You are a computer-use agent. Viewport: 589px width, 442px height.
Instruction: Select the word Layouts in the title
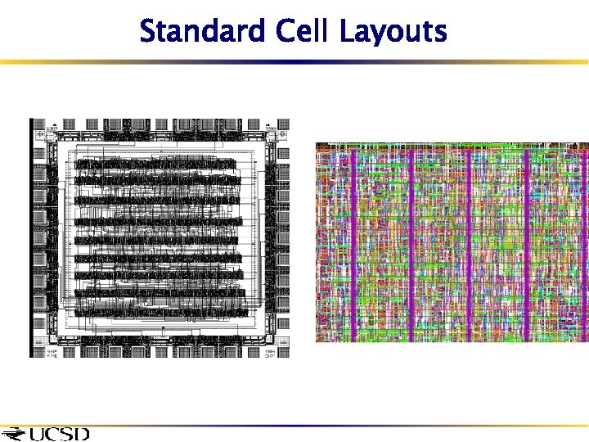pyautogui.click(x=393, y=33)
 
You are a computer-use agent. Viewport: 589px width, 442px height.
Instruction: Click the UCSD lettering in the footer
pyautogui.click(x=59, y=433)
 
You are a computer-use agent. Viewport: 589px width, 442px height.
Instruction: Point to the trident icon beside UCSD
pyautogui.click(x=14, y=433)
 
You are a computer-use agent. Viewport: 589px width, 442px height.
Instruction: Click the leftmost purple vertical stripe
pyautogui.click(x=353, y=241)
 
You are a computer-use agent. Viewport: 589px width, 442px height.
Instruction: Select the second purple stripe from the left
pyautogui.click(x=411, y=241)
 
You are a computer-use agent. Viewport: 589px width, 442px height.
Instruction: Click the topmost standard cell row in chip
pyautogui.click(x=155, y=165)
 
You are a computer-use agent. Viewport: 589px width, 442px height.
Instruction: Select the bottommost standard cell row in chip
pyautogui.click(x=155, y=310)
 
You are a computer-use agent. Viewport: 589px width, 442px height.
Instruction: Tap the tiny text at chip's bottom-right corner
pyautogui.click(x=270, y=354)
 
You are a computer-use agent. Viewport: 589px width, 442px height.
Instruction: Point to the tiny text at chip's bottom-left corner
pyautogui.click(x=51, y=354)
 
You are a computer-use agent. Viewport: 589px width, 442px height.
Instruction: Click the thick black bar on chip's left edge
pyautogui.click(x=31, y=237)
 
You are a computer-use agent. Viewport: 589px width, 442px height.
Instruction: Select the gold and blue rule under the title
pyautogui.click(x=294, y=61)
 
